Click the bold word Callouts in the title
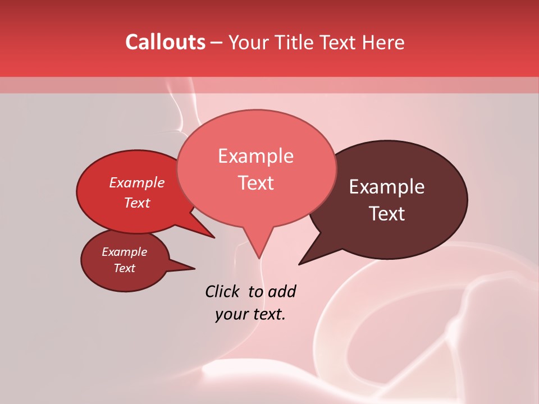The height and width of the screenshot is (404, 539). pos(165,42)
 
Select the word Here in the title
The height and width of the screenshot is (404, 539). pos(383,42)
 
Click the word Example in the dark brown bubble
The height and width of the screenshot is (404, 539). pos(387,187)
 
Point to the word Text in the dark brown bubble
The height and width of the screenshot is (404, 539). pos(387,214)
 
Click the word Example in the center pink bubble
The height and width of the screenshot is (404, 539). pos(255,156)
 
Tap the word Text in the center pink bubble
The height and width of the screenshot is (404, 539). pos(255,183)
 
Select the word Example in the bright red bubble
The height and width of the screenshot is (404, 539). pos(136,182)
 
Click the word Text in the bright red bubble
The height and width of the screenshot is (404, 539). pos(136,203)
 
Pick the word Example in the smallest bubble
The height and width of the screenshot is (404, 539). pos(124,252)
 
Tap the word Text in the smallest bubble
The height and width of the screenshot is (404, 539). pos(124,268)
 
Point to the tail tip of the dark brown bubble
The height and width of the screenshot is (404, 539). pos(300,264)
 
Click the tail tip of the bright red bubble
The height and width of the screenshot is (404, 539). pos(213,237)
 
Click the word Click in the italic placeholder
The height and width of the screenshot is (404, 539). pos(223,291)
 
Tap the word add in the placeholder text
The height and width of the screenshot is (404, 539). pos(282,291)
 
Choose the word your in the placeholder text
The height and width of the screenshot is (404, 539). pos(231,314)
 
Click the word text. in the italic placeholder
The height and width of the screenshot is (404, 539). pos(268,314)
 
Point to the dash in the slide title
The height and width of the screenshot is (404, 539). pos(217,43)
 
